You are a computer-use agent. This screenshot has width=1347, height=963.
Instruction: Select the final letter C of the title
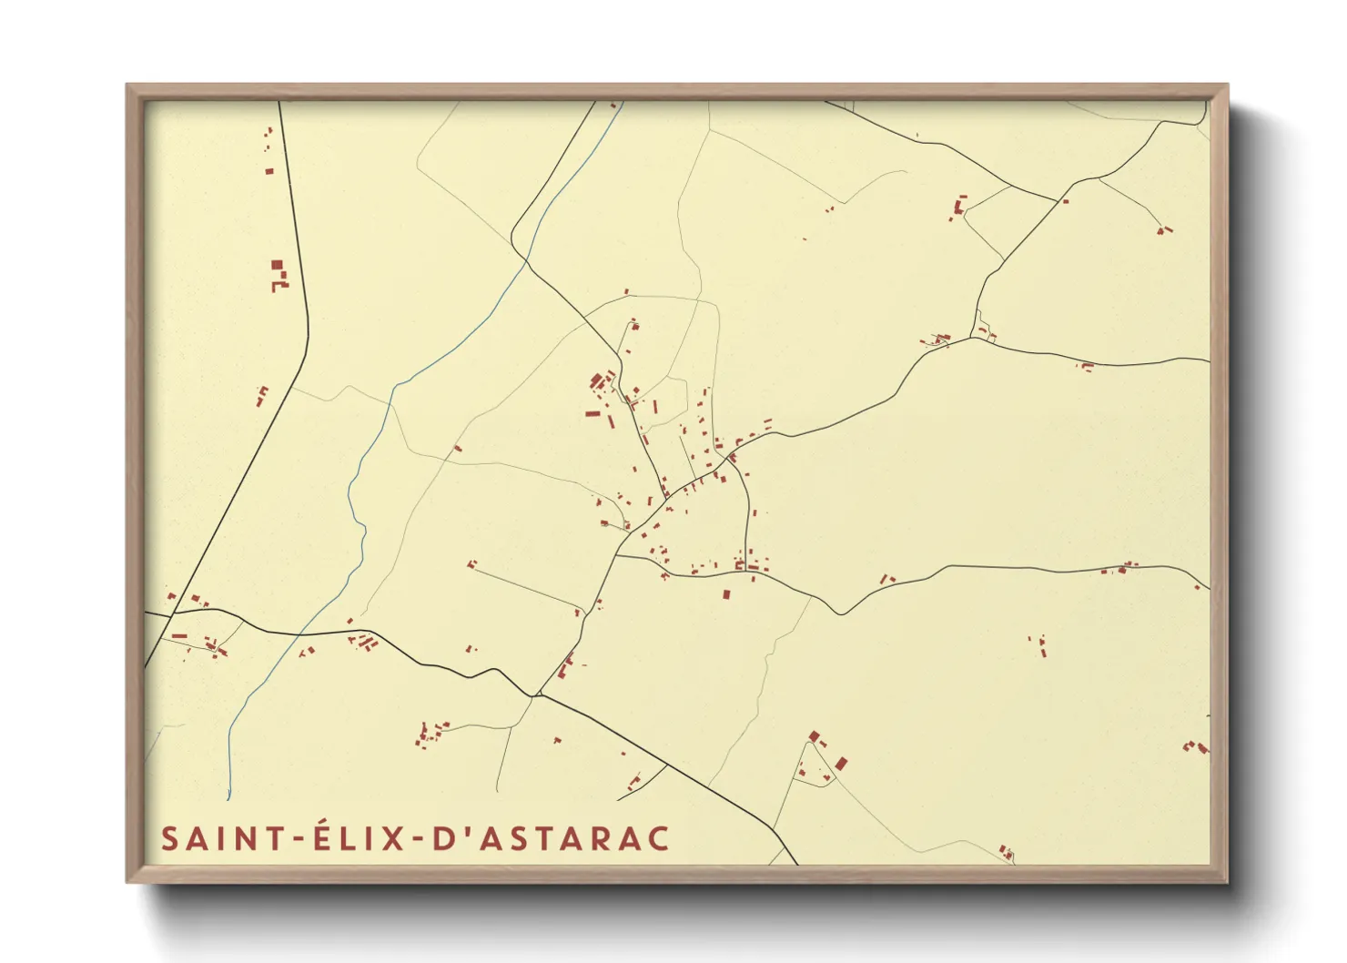(x=658, y=838)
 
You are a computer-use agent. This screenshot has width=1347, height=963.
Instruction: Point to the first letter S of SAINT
(x=169, y=838)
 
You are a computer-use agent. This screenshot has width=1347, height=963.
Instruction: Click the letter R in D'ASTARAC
(x=595, y=838)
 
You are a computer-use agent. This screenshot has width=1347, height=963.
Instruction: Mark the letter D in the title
(x=443, y=838)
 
